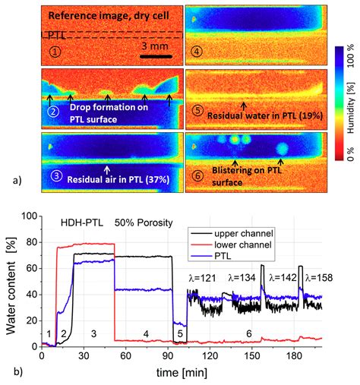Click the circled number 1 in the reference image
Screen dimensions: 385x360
pos(54,52)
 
